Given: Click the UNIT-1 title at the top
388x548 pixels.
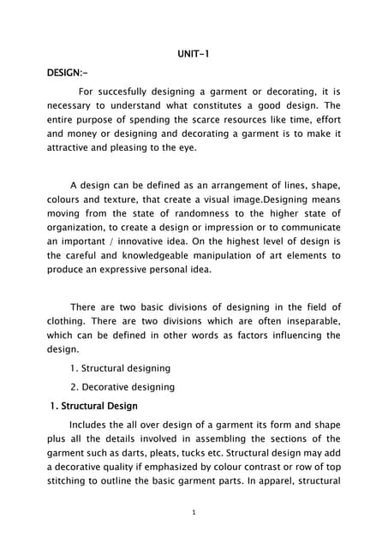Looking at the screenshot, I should (193, 55).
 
